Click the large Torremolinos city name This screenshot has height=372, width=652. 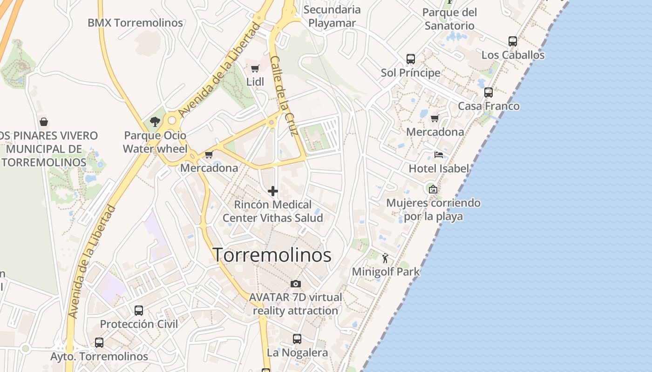tap(272, 255)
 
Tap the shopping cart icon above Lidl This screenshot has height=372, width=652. tap(255, 69)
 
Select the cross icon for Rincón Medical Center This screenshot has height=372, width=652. tap(273, 191)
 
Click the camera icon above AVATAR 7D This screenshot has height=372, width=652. tap(295, 284)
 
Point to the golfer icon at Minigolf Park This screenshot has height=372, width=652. tap(385, 258)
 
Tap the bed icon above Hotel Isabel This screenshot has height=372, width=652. tap(438, 155)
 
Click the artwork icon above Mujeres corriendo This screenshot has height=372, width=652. tap(433, 189)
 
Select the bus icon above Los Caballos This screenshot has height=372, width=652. tap(513, 41)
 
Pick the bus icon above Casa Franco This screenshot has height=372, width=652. tap(488, 93)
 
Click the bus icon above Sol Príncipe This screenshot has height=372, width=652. tap(410, 59)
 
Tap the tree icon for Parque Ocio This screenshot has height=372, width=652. tap(155, 122)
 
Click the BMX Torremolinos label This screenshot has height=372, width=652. tap(135, 23)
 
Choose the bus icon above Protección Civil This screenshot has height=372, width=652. tap(138, 310)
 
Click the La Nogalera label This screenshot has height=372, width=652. tap(297, 353)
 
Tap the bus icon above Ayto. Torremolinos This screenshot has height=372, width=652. tap(99, 343)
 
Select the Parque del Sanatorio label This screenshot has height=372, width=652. tap(449, 19)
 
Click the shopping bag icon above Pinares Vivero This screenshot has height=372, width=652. tap(43, 122)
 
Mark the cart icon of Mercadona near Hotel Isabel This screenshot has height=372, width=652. tap(435, 119)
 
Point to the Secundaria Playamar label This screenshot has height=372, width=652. tap(332, 16)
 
